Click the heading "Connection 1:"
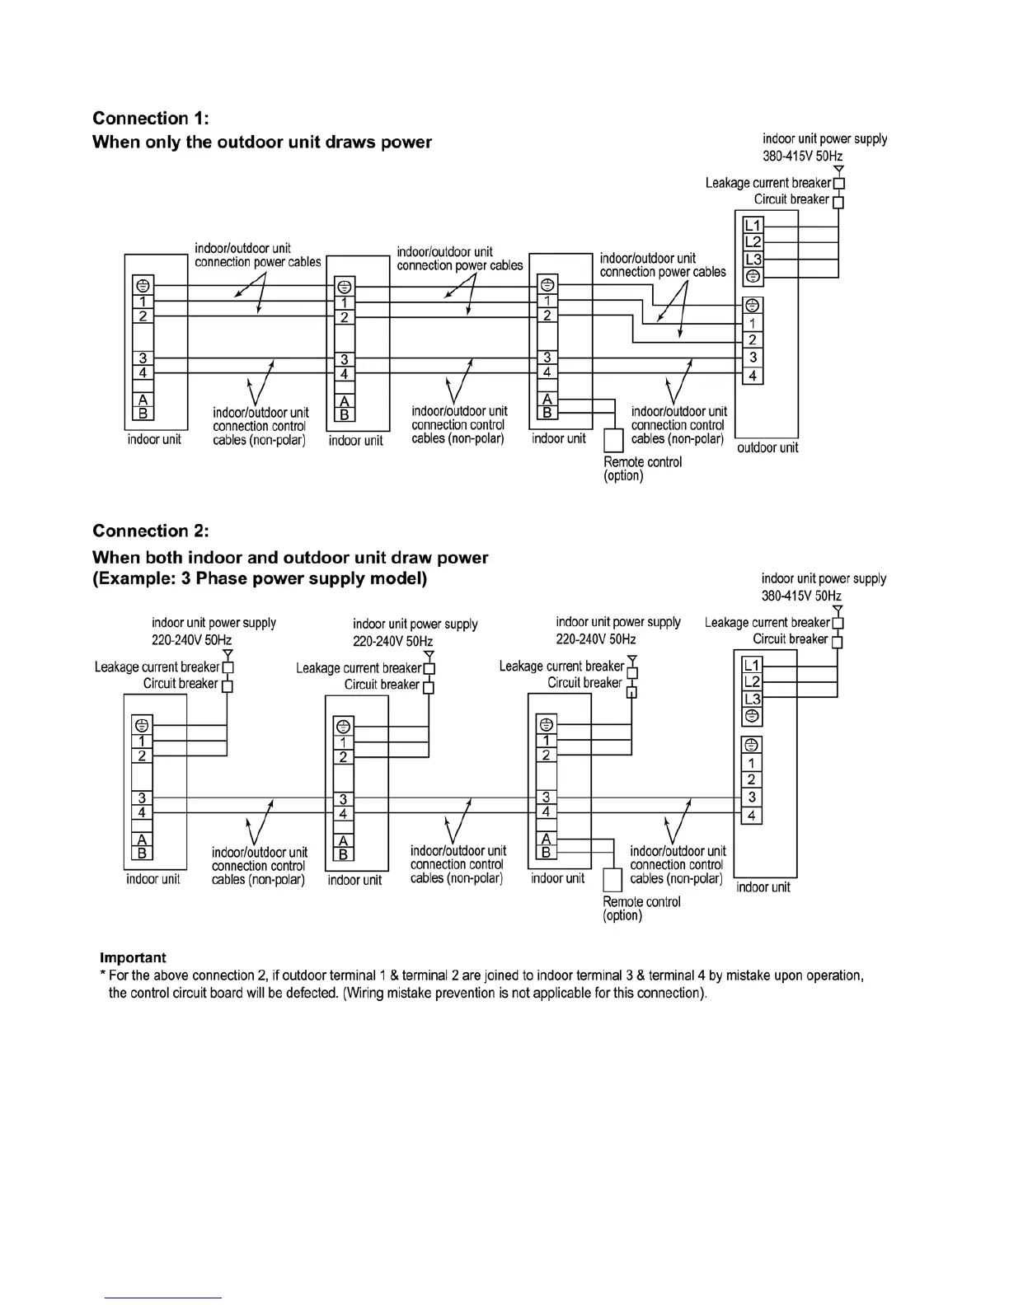(151, 119)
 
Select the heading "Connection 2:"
(151, 531)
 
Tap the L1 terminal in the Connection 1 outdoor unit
(753, 226)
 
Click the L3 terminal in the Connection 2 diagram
(752, 699)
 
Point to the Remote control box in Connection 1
(613, 441)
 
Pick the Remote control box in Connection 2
(612, 881)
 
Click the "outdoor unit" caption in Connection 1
(767, 448)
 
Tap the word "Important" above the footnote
(133, 957)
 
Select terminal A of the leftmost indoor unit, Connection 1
(143, 400)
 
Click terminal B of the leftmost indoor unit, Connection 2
(142, 854)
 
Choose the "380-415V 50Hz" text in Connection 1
(802, 156)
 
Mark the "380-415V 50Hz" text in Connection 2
(801, 596)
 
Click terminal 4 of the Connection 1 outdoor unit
(753, 376)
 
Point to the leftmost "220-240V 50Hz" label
(191, 640)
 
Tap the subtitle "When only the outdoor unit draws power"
(262, 142)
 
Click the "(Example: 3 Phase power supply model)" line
(260, 578)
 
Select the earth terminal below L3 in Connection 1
(753, 276)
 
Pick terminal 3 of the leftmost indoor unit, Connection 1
(143, 358)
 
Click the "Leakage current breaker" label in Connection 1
(767, 183)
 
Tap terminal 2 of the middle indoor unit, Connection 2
(344, 757)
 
